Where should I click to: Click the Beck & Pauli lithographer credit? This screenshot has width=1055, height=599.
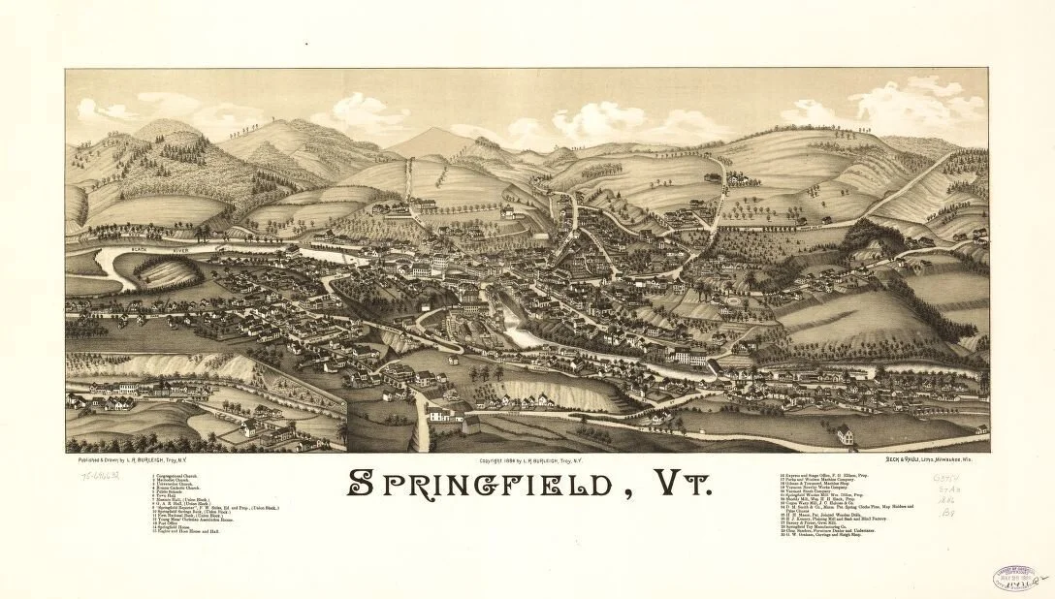click(937, 458)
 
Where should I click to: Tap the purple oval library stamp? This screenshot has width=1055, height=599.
click(1014, 579)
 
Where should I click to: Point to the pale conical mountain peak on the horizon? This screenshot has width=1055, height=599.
click(431, 142)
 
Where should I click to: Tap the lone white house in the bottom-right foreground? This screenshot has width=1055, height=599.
click(845, 434)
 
